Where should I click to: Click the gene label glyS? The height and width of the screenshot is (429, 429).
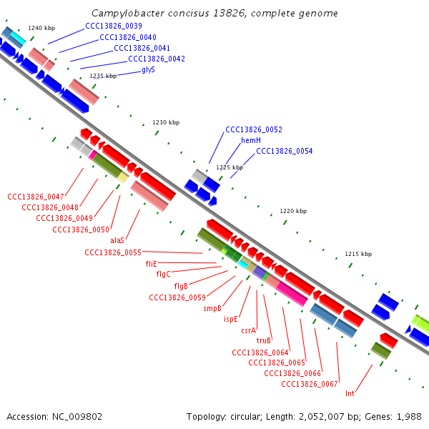(149, 69)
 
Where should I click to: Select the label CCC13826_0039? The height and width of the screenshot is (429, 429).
(114, 26)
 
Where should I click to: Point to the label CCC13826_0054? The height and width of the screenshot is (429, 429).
(285, 151)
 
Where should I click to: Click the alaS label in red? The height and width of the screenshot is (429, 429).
(117, 240)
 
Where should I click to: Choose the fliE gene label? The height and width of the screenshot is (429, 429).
(152, 263)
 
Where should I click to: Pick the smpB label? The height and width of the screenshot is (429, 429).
(212, 308)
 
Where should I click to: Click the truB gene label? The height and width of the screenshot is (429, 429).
(264, 340)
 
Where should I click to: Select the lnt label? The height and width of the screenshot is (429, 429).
(350, 393)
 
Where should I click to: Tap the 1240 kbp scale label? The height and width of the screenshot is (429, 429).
(41, 28)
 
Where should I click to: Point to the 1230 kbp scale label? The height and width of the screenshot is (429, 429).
(166, 122)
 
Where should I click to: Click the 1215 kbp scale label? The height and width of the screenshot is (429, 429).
(358, 254)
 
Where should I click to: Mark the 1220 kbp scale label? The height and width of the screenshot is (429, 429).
(292, 211)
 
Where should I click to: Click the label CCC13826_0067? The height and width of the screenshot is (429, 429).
(310, 384)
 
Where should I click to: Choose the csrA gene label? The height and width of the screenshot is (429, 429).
(248, 330)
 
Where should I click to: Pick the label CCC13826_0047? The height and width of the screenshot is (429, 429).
(36, 196)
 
